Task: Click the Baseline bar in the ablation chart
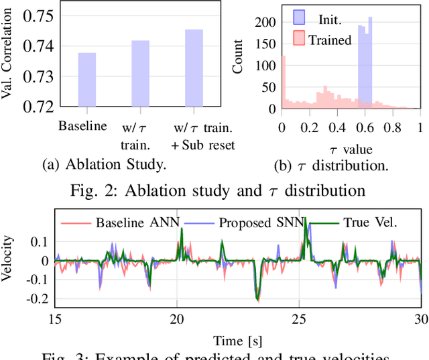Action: tap(86, 80)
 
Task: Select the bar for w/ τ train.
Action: tap(140, 74)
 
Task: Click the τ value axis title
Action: tap(350, 149)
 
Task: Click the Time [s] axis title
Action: tap(238, 340)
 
